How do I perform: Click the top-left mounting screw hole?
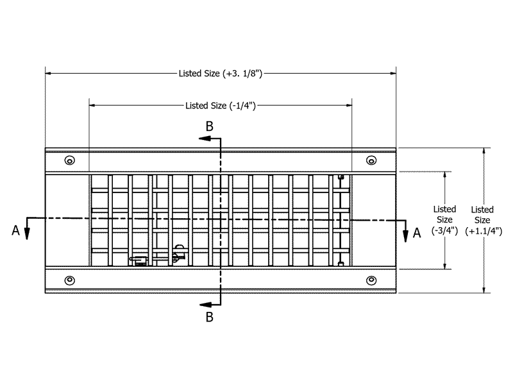point(70,160)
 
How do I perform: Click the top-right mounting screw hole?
point(371,160)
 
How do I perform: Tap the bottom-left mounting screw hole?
point(70,280)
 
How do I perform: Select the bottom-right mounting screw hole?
point(371,280)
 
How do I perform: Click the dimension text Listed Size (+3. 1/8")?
point(221,73)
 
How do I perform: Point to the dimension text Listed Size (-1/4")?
point(221,105)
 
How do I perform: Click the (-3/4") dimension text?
point(444,230)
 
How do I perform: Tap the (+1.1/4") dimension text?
point(484,231)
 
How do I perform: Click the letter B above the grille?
point(210,126)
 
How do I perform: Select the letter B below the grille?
point(210,317)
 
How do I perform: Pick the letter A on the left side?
point(15,230)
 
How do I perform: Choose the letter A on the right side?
point(416,233)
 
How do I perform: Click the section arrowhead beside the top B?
point(205,139)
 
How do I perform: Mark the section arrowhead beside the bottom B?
point(205,305)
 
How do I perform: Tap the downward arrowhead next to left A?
point(27,234)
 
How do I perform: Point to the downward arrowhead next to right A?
point(406,236)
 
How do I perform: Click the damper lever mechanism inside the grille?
point(158,256)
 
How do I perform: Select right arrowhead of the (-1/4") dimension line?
point(349,105)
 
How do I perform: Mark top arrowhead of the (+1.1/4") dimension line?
point(484,151)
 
